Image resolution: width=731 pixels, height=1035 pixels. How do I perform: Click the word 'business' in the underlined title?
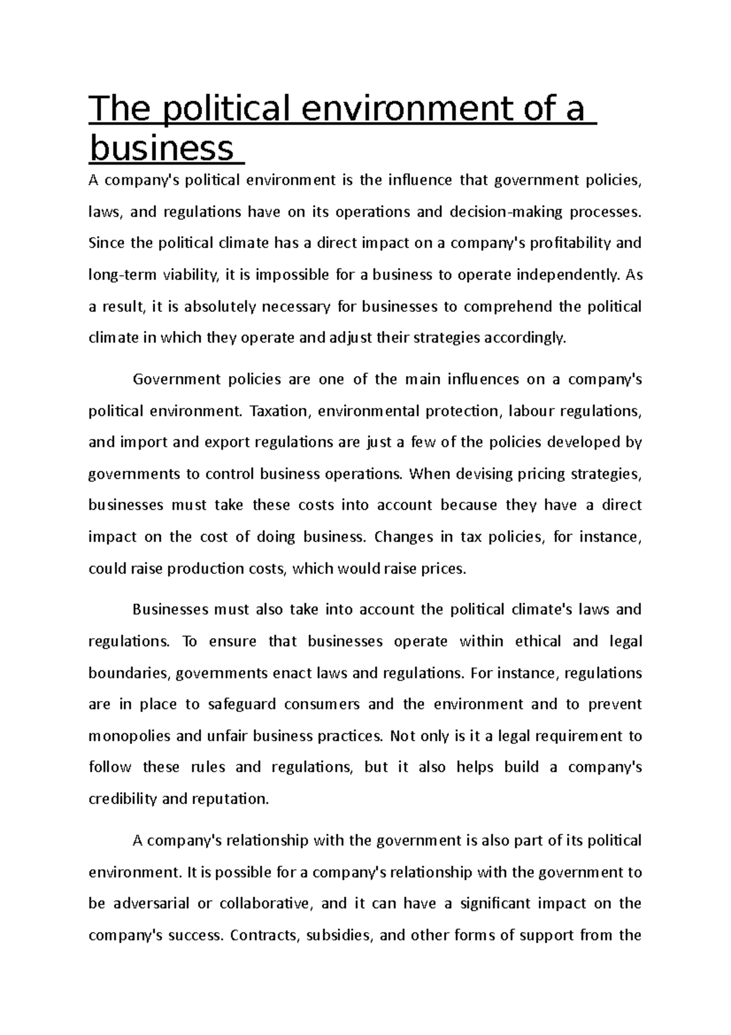[x=161, y=148]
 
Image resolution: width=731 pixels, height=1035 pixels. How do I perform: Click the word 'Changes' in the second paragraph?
[x=403, y=537]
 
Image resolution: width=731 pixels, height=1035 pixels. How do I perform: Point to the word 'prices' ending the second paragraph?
[x=445, y=569]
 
